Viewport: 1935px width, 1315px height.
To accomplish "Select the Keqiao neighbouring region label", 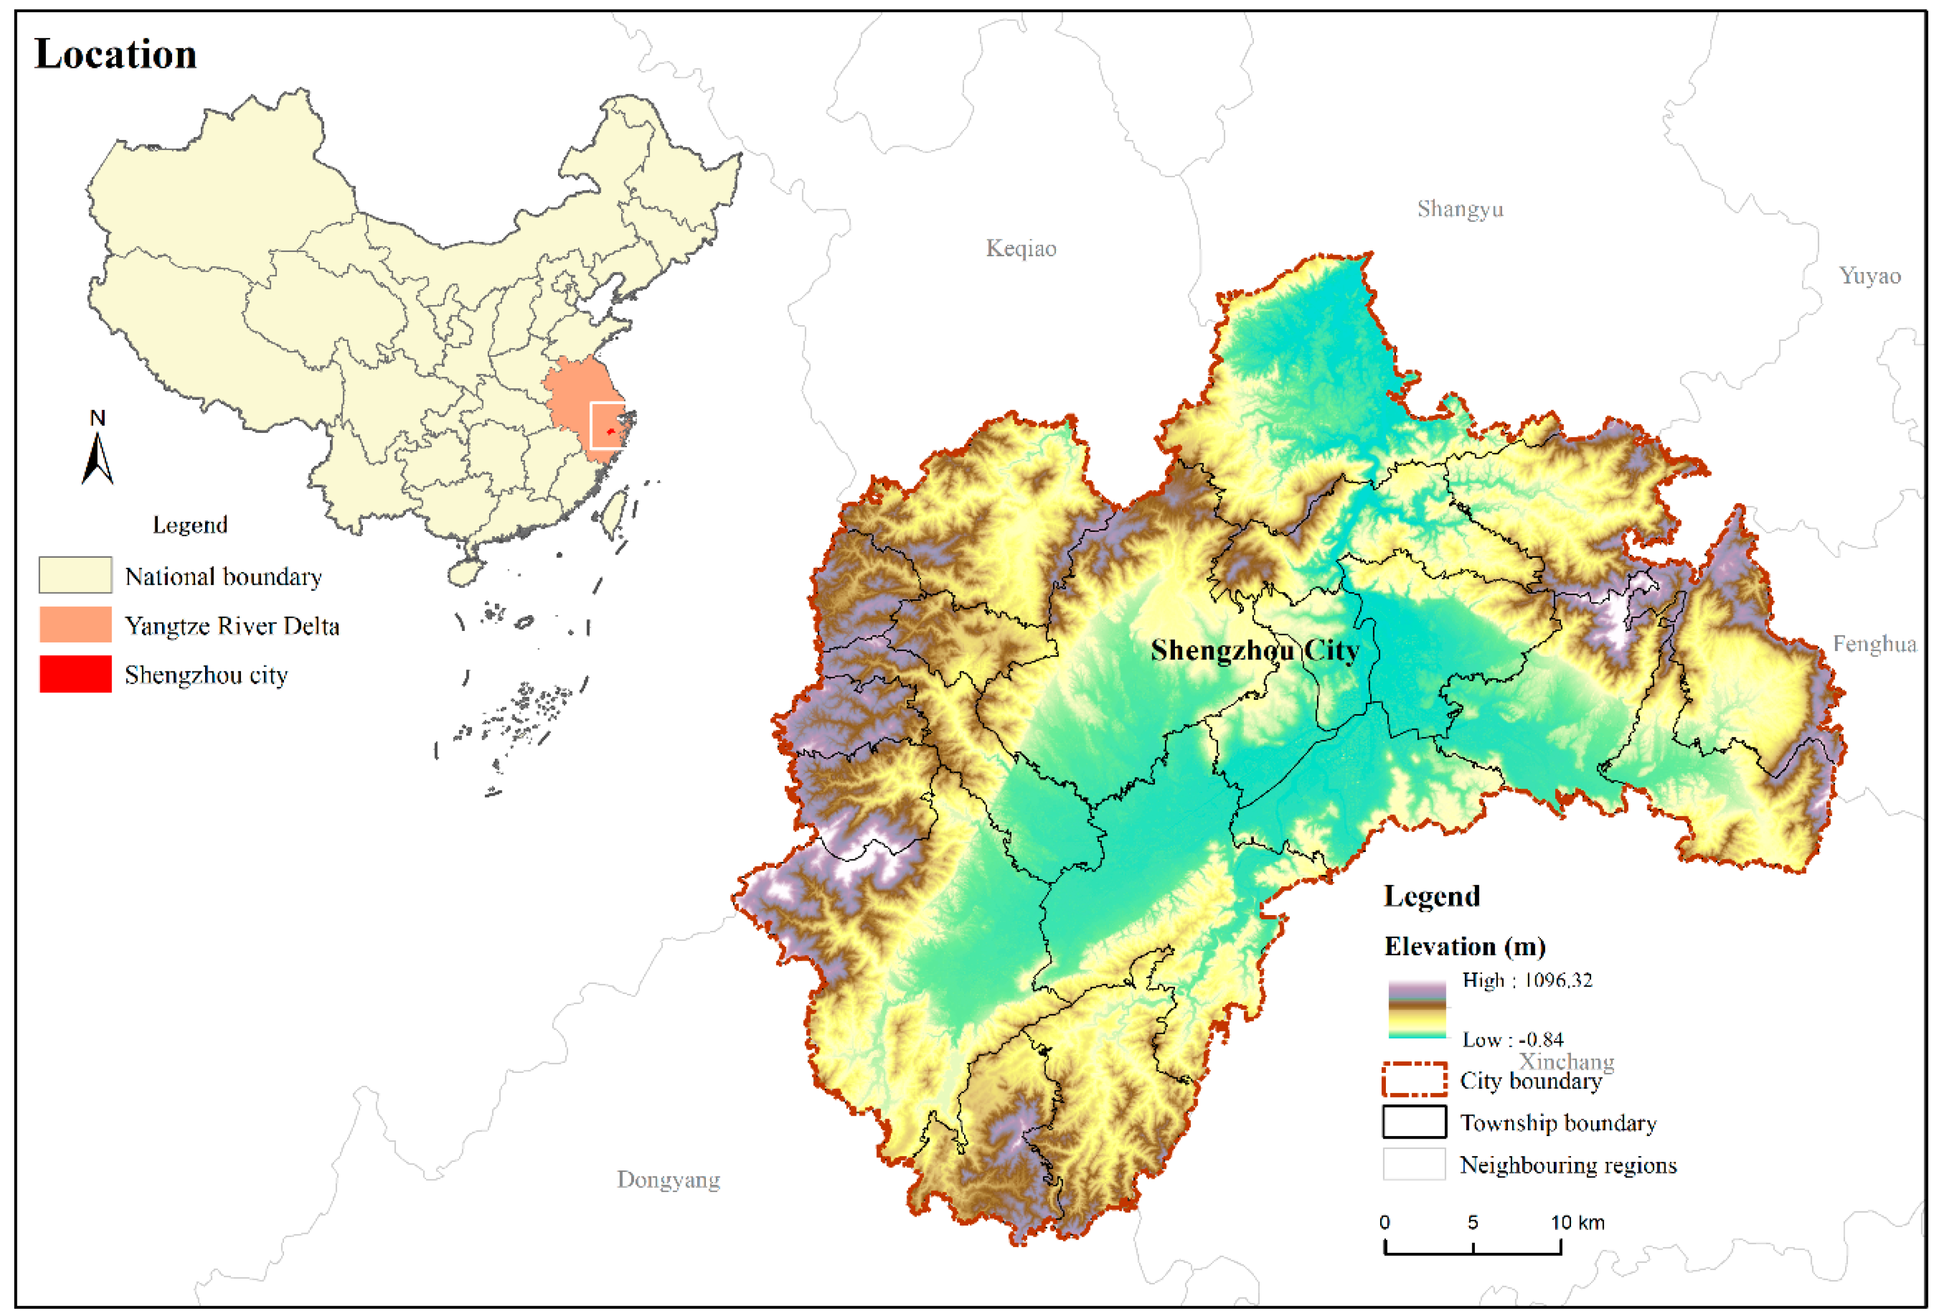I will [x=1021, y=248].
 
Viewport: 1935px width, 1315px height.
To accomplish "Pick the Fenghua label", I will [x=1874, y=644].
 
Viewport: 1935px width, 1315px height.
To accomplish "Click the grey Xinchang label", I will [x=1566, y=1062].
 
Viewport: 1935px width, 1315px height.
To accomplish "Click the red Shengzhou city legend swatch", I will [x=75, y=674].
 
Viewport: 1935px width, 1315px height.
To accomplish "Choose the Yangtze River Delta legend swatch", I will [x=75, y=625].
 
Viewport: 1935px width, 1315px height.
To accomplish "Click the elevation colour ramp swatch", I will [x=1416, y=1009].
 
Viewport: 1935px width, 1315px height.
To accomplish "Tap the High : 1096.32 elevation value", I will [x=1527, y=980].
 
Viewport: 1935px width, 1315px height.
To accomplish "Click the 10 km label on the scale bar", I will [x=1577, y=1222].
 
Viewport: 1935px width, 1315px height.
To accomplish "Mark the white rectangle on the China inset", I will [x=607, y=426].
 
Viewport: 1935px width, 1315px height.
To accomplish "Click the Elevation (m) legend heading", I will [x=1465, y=947].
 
